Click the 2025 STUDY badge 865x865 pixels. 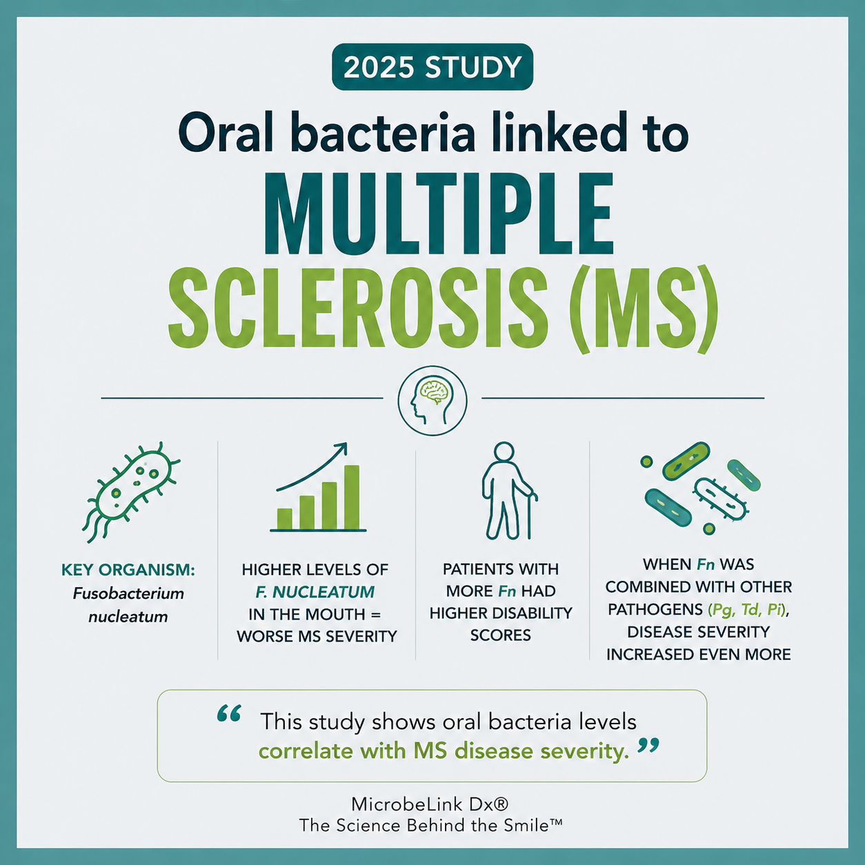[x=432, y=67]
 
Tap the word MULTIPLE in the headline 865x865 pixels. [x=439, y=214]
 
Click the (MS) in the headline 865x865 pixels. [x=644, y=309]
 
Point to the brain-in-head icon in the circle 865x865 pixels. [x=432, y=400]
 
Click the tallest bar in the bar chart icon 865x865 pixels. [x=352, y=497]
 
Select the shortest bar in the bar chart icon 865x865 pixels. [x=285, y=519]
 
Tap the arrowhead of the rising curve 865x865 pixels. [x=341, y=448]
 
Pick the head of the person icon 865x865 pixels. [x=503, y=452]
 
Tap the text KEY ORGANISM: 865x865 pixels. [x=128, y=570]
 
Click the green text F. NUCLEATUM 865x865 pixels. [x=315, y=592]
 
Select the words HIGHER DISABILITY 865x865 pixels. [x=501, y=613]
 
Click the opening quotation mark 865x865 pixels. [x=229, y=713]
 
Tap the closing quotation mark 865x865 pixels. [x=648, y=746]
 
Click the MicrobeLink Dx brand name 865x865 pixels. [x=430, y=804]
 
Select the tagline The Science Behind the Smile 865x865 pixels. [x=430, y=826]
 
